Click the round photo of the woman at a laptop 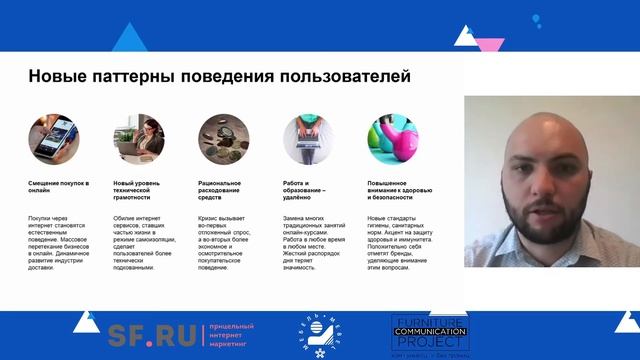pyautogui.click(x=137, y=135)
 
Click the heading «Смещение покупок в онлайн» pyautogui.click(x=60, y=188)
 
